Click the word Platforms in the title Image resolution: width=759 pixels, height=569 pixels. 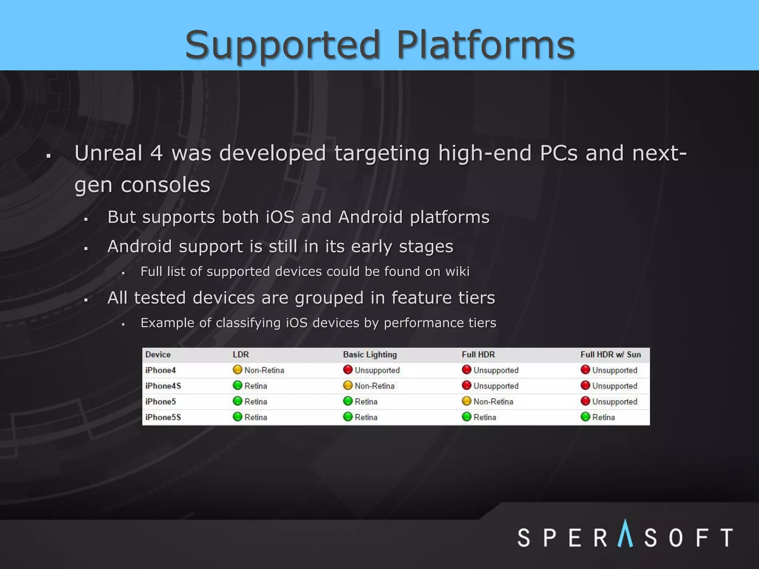(485, 45)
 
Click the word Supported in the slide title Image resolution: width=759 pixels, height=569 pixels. (283, 45)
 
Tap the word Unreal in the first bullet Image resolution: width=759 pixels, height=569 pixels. (109, 153)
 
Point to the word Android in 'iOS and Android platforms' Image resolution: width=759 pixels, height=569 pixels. (370, 217)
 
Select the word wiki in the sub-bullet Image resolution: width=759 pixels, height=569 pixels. (457, 272)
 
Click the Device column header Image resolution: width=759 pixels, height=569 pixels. (158, 355)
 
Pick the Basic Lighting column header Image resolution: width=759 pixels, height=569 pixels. (370, 355)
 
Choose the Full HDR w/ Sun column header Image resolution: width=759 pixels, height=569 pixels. (610, 355)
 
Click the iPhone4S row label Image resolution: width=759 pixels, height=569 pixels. (163, 386)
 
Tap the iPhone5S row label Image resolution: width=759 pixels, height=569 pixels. (163, 417)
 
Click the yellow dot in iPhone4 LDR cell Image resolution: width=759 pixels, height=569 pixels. (237, 370)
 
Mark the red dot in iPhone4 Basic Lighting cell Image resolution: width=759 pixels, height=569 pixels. (348, 370)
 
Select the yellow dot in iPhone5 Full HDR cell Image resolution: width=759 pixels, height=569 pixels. (467, 401)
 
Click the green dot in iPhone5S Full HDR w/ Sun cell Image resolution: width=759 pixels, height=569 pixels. (585, 417)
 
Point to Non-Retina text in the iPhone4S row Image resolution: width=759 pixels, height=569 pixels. (374, 386)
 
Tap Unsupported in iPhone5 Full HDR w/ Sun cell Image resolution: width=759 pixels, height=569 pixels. (614, 402)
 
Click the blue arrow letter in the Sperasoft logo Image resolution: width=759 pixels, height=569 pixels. (625, 534)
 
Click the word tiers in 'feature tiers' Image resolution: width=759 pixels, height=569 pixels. (476, 298)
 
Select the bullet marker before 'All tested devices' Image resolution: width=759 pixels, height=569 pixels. (86, 300)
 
